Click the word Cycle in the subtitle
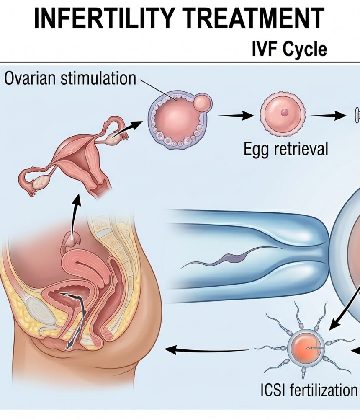coord(305,50)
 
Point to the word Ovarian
coord(30,78)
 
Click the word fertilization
coord(324,390)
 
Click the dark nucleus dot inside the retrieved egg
coord(284,112)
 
